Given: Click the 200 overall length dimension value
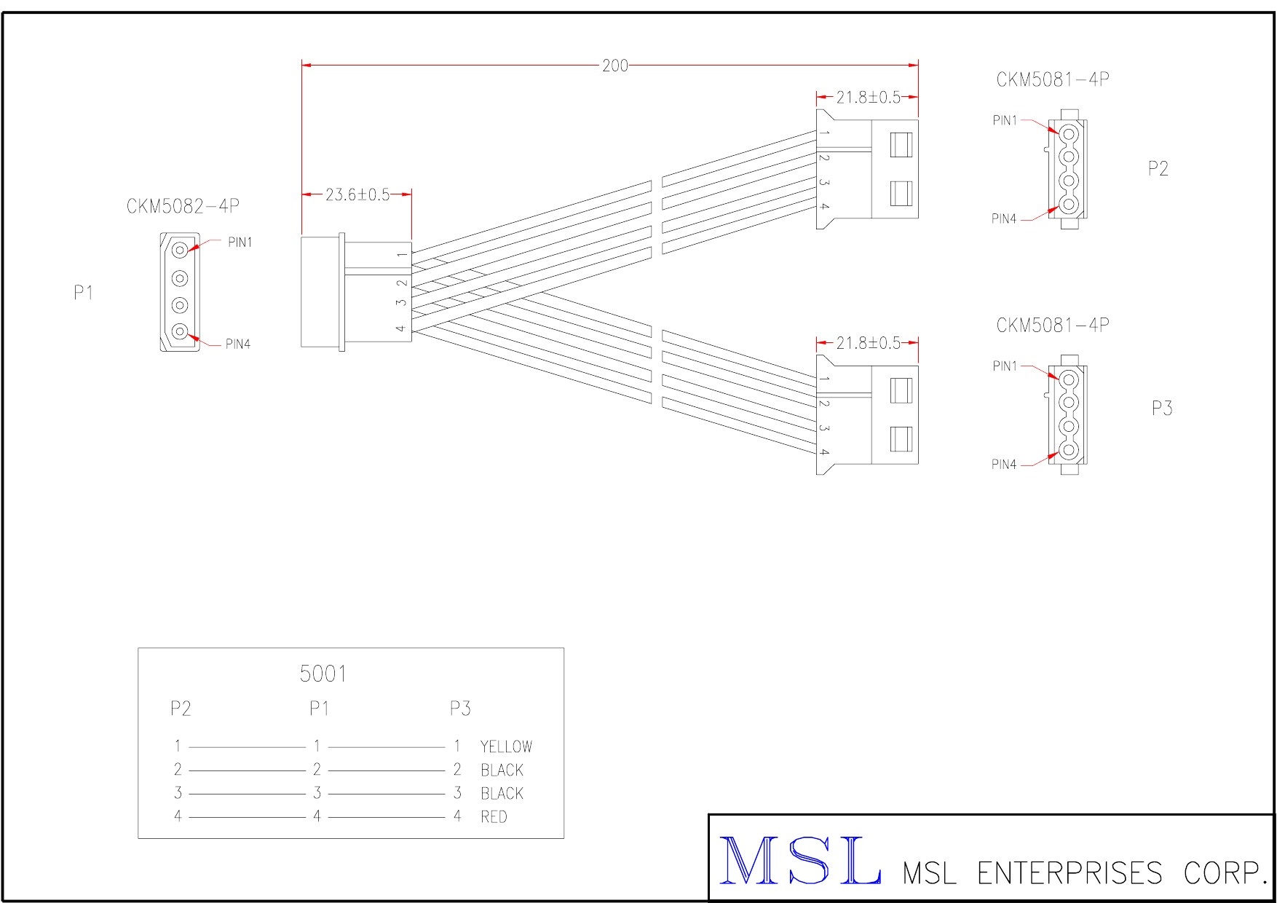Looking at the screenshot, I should tap(615, 66).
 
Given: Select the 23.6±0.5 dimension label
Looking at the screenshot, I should tap(357, 194).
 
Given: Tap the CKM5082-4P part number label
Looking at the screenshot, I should tap(183, 207).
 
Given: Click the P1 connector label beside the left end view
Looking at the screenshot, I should tap(84, 293).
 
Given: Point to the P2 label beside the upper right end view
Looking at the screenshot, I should tap(1158, 169).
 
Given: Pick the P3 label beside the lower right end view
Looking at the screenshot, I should tap(1162, 409).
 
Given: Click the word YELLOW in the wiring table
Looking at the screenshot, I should tap(506, 746).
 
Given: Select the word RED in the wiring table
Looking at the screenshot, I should tap(494, 817).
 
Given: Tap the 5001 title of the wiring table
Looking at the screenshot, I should tap(323, 674).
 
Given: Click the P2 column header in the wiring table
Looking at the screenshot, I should tap(181, 709).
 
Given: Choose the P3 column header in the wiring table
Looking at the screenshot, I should tap(460, 709).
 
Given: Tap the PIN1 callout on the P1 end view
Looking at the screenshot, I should tap(240, 242).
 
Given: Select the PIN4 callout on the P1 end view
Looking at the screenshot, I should tap(238, 344).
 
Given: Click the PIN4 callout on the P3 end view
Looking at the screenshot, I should tap(1004, 465).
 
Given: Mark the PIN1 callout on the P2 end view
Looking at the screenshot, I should tap(1005, 121).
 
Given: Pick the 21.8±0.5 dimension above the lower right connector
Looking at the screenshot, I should tap(868, 343).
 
